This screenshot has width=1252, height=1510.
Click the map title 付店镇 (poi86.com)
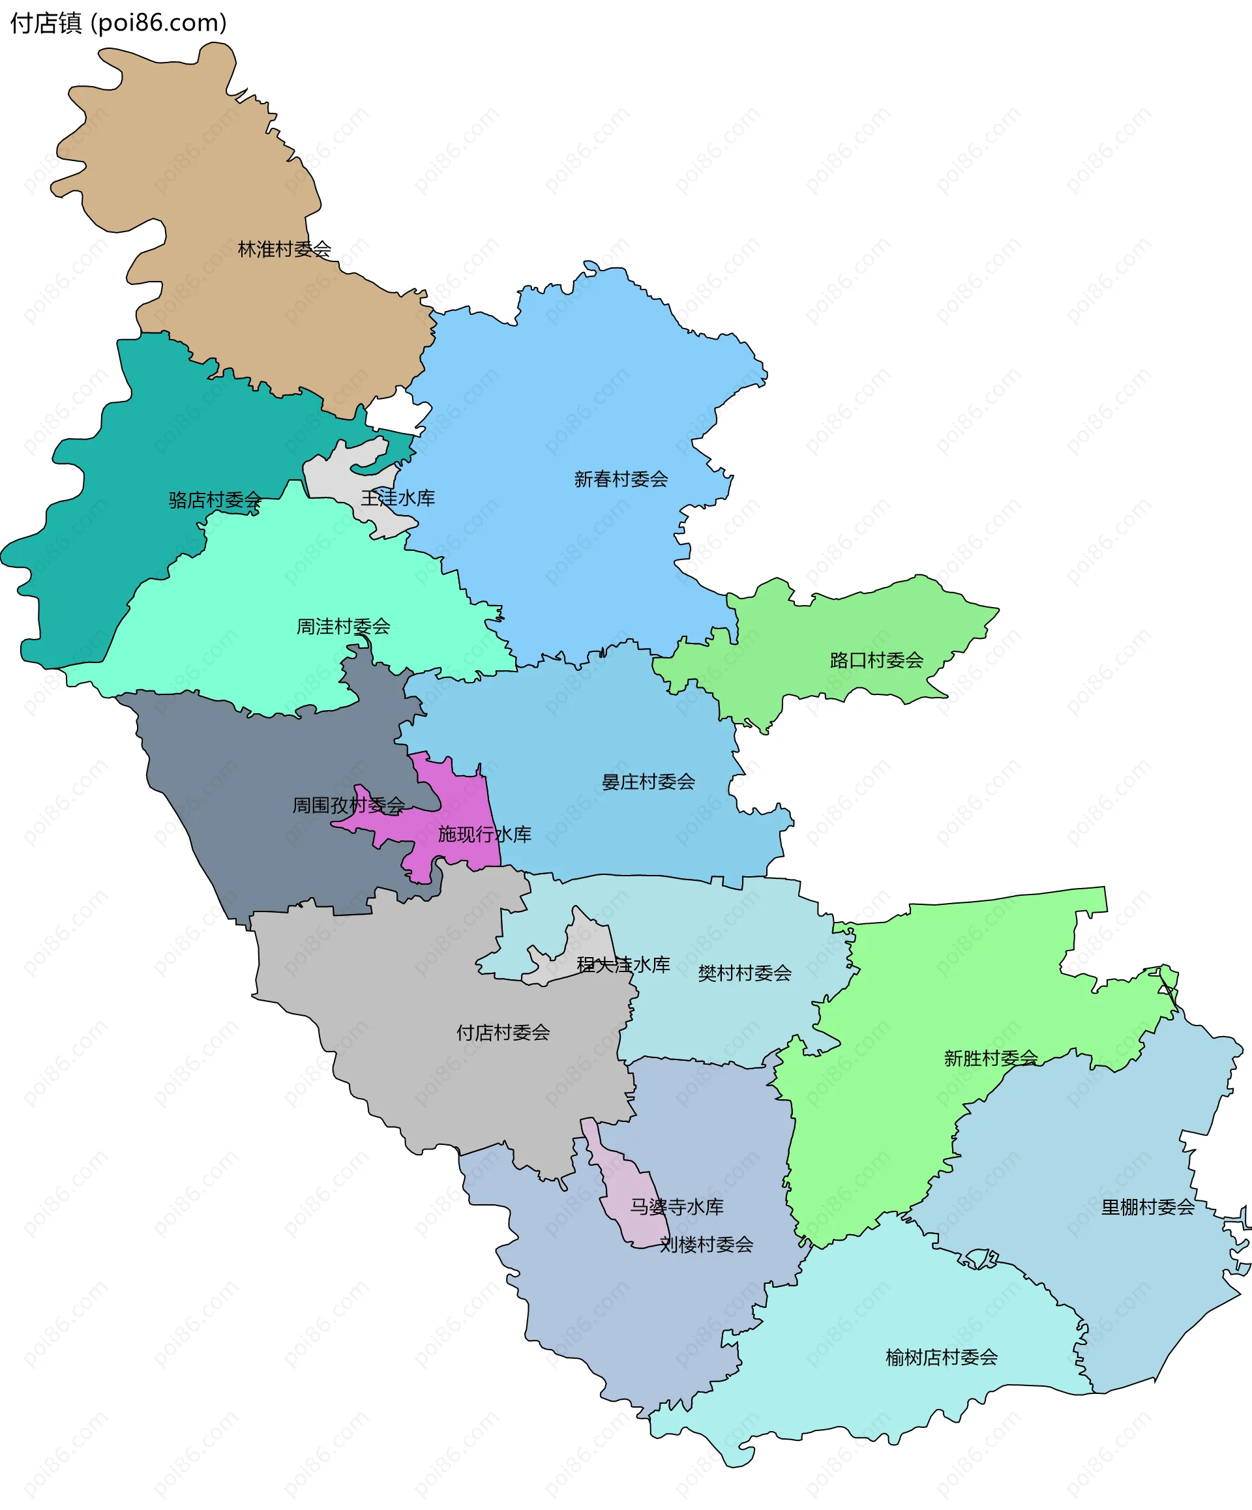click(x=119, y=23)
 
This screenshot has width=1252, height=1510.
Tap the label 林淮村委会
click(x=284, y=250)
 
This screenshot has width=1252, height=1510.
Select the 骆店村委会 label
click(x=215, y=499)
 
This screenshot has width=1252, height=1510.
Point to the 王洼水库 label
click(x=398, y=497)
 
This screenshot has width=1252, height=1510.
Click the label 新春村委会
click(x=621, y=479)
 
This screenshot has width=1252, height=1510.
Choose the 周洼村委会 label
click(x=343, y=627)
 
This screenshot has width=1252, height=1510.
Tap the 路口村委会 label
click(x=876, y=660)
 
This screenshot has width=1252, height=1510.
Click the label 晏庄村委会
click(x=648, y=782)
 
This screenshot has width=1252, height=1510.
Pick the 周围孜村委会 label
click(x=348, y=805)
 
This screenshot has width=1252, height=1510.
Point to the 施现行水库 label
click(x=484, y=834)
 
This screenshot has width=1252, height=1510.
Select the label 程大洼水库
click(x=623, y=965)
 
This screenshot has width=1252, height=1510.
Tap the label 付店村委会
click(x=503, y=1033)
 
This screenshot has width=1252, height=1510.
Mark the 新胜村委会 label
click(x=991, y=1058)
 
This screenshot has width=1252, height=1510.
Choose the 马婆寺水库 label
click(x=677, y=1207)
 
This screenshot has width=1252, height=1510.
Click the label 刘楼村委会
click(x=706, y=1245)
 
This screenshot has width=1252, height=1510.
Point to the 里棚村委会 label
click(x=1148, y=1207)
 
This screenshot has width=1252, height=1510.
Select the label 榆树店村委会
click(x=942, y=1357)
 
